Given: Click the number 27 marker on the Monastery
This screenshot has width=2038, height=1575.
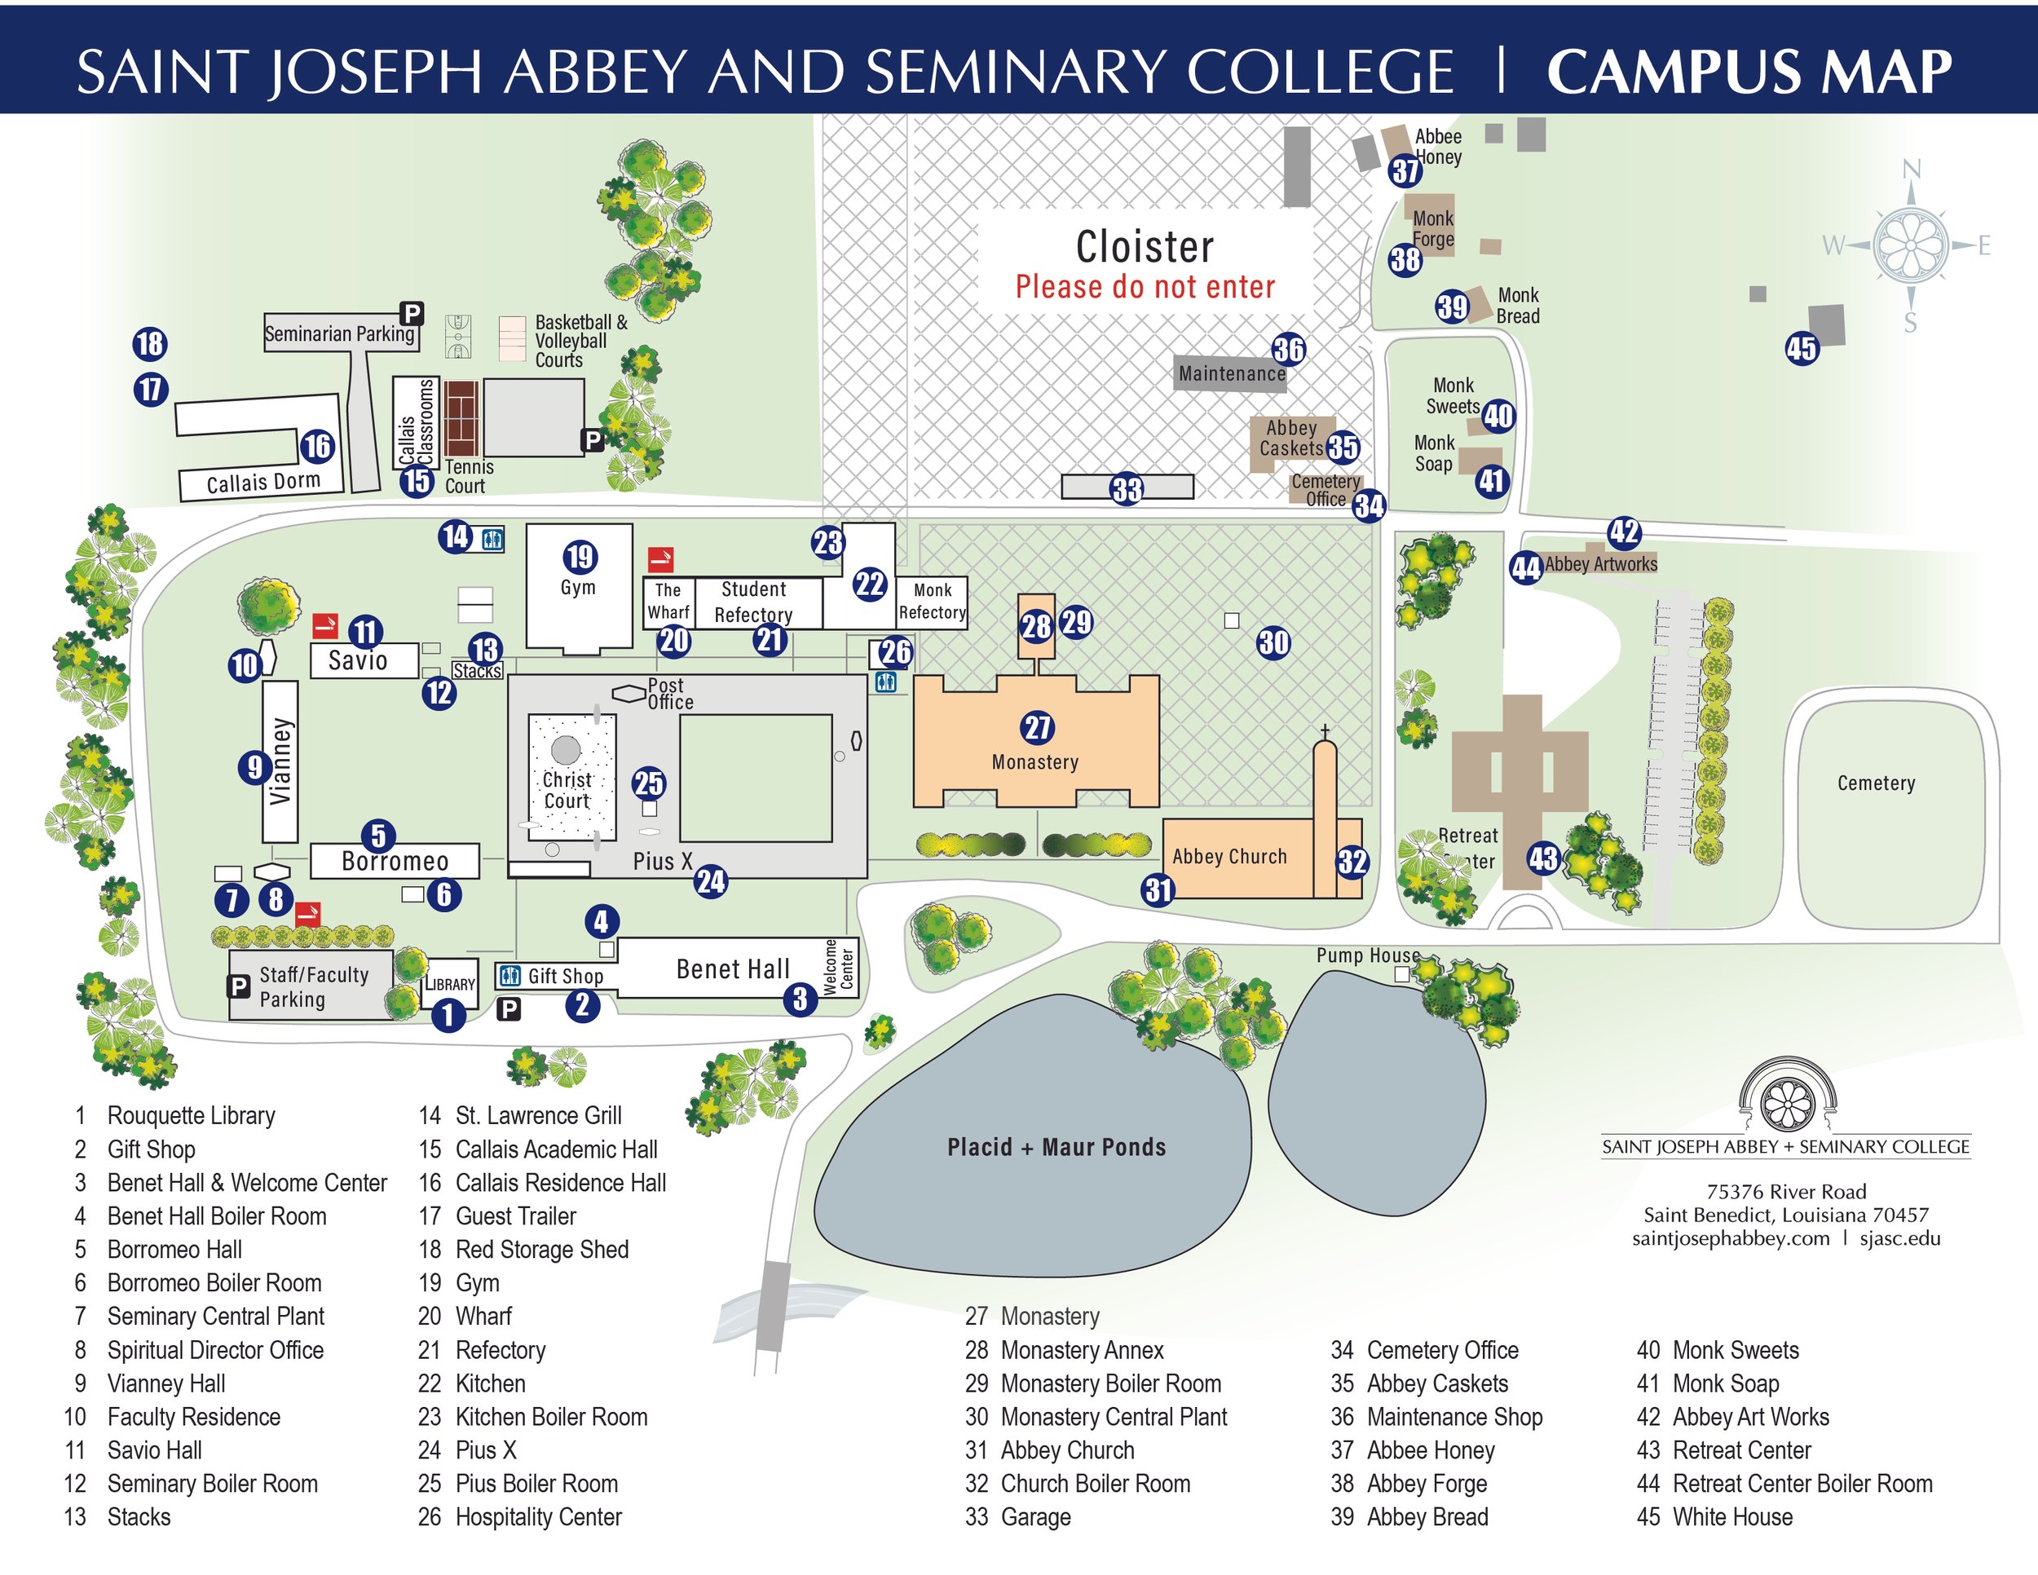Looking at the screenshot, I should pyautogui.click(x=1037, y=728).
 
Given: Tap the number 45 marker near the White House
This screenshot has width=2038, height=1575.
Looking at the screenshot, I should pyautogui.click(x=1801, y=349).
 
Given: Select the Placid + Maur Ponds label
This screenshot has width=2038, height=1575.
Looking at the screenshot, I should pyautogui.click(x=1056, y=1147).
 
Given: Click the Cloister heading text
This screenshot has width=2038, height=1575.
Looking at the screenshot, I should pyautogui.click(x=1145, y=247).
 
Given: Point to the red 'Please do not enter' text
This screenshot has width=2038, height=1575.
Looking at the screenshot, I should pyautogui.click(x=1145, y=286).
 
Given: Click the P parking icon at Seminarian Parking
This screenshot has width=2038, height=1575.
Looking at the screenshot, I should pyautogui.click(x=412, y=312).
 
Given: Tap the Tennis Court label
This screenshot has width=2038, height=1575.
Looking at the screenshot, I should pyautogui.click(x=469, y=476).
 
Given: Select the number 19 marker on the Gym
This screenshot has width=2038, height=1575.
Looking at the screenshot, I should pyautogui.click(x=580, y=557).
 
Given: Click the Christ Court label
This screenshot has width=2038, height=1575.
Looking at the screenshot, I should pyautogui.click(x=567, y=789).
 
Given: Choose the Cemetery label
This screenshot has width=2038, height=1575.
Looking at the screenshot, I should pyautogui.click(x=1876, y=783).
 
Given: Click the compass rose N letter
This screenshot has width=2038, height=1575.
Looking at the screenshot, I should pyautogui.click(x=1911, y=169).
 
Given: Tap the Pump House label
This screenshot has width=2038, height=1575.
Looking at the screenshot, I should pyautogui.click(x=1368, y=955).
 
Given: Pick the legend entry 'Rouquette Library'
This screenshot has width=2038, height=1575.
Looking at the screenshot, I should pyautogui.click(x=192, y=1115).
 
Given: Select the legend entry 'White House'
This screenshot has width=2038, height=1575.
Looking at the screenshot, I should pyautogui.click(x=1732, y=1517).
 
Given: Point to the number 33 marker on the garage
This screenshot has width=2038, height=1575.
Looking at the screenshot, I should pyautogui.click(x=1127, y=489).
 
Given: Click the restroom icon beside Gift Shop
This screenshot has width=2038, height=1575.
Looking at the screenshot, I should pyautogui.click(x=509, y=976).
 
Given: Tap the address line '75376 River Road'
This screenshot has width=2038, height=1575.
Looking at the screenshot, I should pyautogui.click(x=1786, y=1192).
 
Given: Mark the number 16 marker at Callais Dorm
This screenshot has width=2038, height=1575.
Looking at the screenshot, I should pyautogui.click(x=317, y=446).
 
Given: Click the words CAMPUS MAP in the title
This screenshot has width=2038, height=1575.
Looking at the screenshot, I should pyautogui.click(x=1749, y=72).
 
